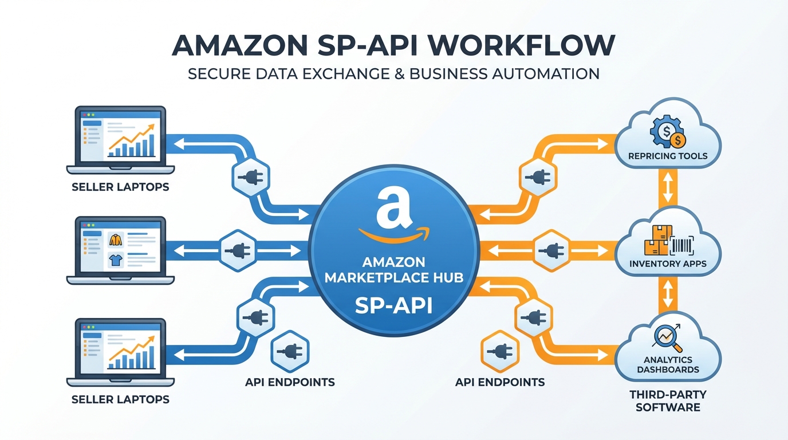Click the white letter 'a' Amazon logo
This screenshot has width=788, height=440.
[x=393, y=207]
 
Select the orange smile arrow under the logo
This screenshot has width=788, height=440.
[x=394, y=234]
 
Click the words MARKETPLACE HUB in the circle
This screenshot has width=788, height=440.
[x=393, y=278]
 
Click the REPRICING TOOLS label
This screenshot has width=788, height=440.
[x=668, y=156]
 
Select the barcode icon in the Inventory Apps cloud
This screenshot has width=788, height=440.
[x=682, y=245]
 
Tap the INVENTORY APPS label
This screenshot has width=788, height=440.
[x=668, y=264]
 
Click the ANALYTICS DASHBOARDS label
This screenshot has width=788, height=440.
[x=668, y=364]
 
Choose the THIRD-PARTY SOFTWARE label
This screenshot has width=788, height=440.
[x=668, y=401]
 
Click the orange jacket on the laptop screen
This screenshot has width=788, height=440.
[x=116, y=239]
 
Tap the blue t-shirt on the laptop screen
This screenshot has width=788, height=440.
[x=116, y=261]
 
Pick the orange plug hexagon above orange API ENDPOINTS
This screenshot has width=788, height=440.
[x=499, y=350]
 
